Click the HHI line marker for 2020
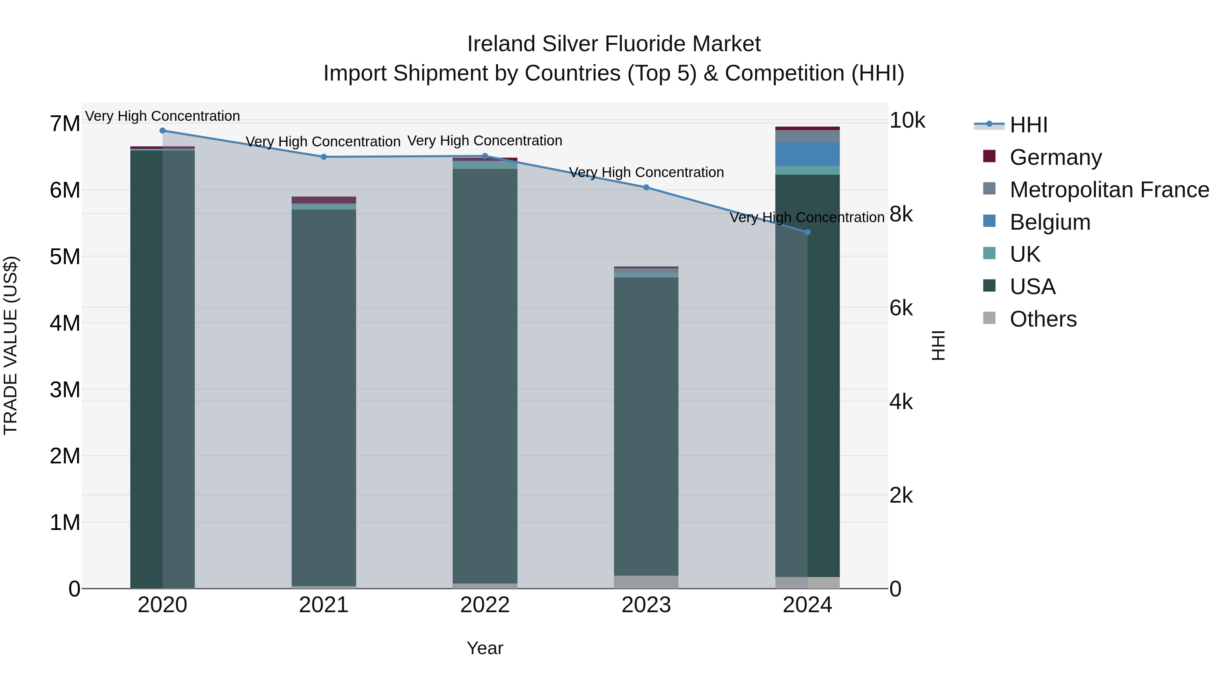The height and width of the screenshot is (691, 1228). tap(163, 131)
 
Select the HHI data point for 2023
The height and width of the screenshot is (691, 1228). tap(646, 187)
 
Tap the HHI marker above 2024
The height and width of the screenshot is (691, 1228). tap(807, 232)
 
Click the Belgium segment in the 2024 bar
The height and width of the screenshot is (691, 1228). tap(807, 154)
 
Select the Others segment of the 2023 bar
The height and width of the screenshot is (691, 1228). tap(646, 582)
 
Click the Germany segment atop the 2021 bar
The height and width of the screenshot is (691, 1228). tap(324, 200)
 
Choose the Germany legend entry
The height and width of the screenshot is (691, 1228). tap(1055, 157)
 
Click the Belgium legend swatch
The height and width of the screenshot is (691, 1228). tap(990, 221)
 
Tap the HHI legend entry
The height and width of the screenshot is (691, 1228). tap(1028, 125)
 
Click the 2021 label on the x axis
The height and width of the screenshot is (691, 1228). tap(324, 605)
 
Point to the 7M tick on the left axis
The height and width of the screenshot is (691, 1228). tap(65, 124)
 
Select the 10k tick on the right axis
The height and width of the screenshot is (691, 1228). tap(907, 121)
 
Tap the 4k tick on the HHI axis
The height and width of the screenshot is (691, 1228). tap(901, 402)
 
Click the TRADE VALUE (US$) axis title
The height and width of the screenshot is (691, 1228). tap(11, 345)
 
